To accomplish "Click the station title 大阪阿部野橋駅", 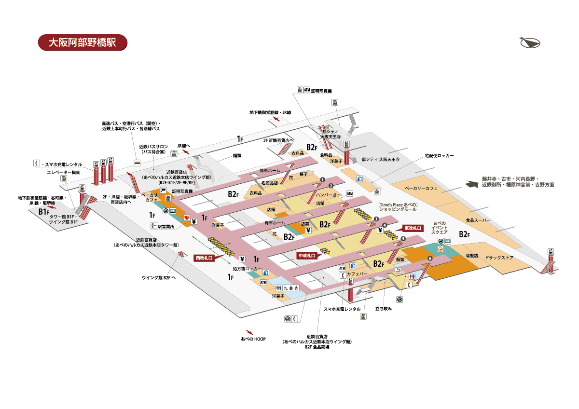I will pos(83,42).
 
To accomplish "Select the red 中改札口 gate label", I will pos(307,256).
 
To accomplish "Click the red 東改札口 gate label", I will pos(413,228).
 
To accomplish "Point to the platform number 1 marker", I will pos(321,180).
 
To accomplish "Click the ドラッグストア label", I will pos(499,258).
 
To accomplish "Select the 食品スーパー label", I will pos(478,220).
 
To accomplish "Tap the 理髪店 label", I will pos(471,254).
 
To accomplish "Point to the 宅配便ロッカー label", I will pos(439,156).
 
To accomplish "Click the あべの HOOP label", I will pos(253,339).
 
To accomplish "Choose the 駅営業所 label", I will pos(166,226).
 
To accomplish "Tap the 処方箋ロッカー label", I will pos(247,268).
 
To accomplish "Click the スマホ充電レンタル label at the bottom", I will pos(342,309).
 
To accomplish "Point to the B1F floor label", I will pos(44,212).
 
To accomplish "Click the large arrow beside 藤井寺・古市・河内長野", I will pos(471,184).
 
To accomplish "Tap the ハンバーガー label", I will pos(329,195).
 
